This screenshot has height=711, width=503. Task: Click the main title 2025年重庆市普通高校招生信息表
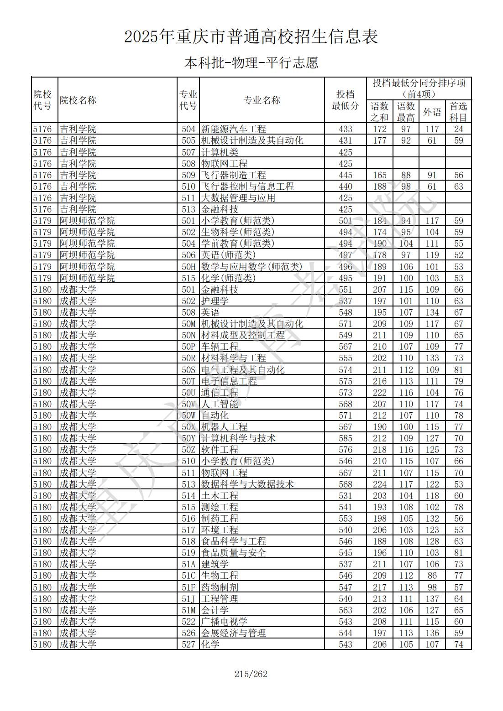pyautogui.click(x=251, y=37)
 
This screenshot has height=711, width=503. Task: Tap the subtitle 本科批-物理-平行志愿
pyautogui.click(x=251, y=62)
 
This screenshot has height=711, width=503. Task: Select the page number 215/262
pyautogui.click(x=251, y=674)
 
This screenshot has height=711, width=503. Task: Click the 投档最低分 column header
pyautogui.click(x=345, y=100)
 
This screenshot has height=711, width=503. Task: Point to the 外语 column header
pyautogui.click(x=432, y=112)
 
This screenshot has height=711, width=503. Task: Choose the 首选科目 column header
pyautogui.click(x=458, y=112)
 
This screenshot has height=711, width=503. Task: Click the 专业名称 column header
pyautogui.click(x=262, y=100)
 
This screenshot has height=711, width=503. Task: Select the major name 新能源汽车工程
pyautogui.click(x=233, y=129)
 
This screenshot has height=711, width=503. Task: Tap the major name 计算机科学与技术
pyautogui.click(x=238, y=438)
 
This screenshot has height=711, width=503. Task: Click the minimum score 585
pyautogui.click(x=346, y=438)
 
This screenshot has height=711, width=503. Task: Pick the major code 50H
pyautogui.click(x=188, y=267)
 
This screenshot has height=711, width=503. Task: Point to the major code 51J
pyautogui.click(x=188, y=599)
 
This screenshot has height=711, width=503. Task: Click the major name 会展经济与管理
pyautogui.click(x=233, y=633)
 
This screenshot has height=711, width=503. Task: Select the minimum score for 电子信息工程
pyautogui.click(x=346, y=381)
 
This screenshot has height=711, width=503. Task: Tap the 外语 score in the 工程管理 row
pyautogui.click(x=432, y=599)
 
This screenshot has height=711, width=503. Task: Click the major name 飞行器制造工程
pyautogui.click(x=233, y=175)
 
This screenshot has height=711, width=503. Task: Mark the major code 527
pyautogui.click(x=188, y=644)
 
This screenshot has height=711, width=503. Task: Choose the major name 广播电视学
pyautogui.click(x=224, y=622)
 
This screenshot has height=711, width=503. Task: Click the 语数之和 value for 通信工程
pyautogui.click(x=379, y=393)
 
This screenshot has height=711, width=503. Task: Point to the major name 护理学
pyautogui.click(x=215, y=301)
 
